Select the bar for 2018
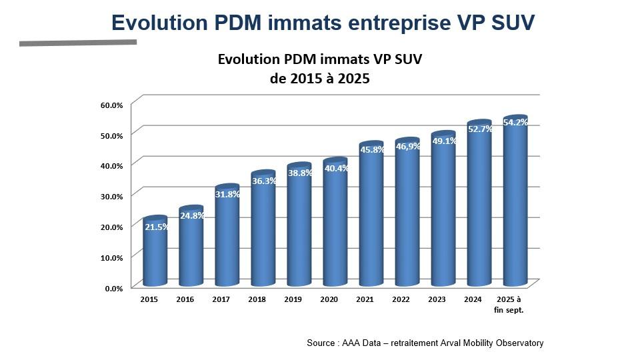(x=263, y=233)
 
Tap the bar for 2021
(x=371, y=220)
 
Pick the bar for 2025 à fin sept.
(x=515, y=207)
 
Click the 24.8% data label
(x=192, y=215)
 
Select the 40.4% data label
(x=335, y=168)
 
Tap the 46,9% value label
(x=407, y=146)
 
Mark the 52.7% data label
(x=479, y=129)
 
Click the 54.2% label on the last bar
(x=515, y=123)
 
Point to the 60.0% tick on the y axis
(x=112, y=105)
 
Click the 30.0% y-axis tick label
(x=112, y=196)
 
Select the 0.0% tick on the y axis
(x=114, y=288)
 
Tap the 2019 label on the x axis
(x=293, y=299)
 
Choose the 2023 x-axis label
(x=437, y=299)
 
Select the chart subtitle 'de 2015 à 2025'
(x=319, y=78)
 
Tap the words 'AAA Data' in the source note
(x=359, y=343)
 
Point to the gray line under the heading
(x=78, y=43)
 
